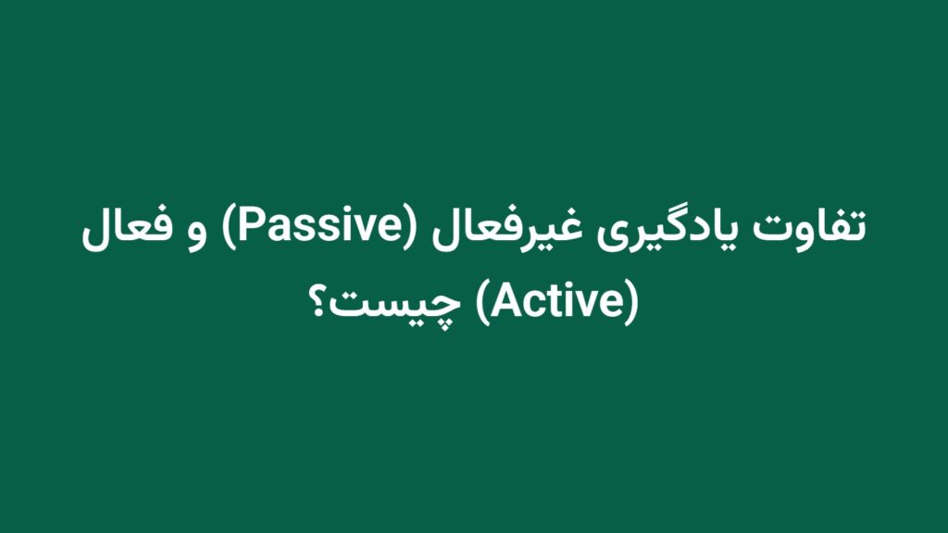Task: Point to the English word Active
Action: (x=558, y=301)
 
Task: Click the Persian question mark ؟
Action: (x=318, y=301)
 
